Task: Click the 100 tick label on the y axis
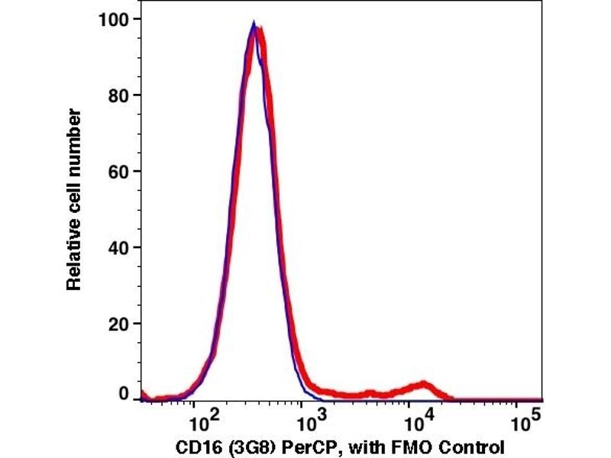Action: pyautogui.click(x=112, y=18)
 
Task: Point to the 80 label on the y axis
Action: pyautogui.click(x=117, y=95)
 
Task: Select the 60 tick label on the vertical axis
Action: pyautogui.click(x=117, y=172)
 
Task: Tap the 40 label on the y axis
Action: pyautogui.click(x=117, y=248)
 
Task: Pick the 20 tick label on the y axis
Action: pyautogui.click(x=117, y=324)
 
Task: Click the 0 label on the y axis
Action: pyautogui.click(x=122, y=394)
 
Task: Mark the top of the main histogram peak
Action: pyautogui.click(x=255, y=25)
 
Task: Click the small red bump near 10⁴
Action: pyautogui.click(x=424, y=385)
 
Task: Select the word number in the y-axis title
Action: pyautogui.click(x=74, y=137)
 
